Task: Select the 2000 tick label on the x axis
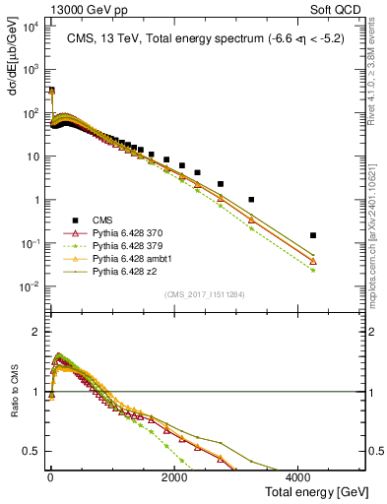(x=173, y=478)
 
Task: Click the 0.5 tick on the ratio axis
(x=33, y=451)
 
